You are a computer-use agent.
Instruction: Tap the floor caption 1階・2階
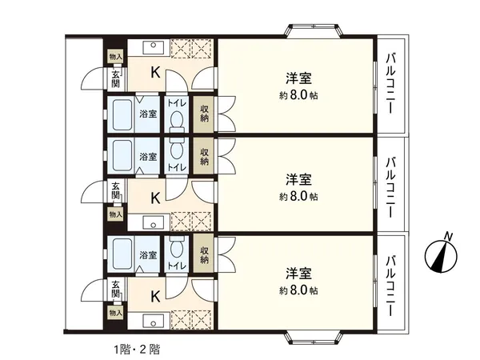(136, 349)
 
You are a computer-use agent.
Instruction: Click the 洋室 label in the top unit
(299, 78)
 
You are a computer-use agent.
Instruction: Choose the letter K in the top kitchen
(155, 72)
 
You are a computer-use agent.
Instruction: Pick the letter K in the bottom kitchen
(155, 294)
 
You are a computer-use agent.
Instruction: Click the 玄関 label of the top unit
(116, 78)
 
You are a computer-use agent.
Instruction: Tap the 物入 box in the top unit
(116, 56)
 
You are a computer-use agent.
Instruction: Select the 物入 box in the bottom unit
(116, 313)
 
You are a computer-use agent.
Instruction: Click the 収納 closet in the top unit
(206, 115)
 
